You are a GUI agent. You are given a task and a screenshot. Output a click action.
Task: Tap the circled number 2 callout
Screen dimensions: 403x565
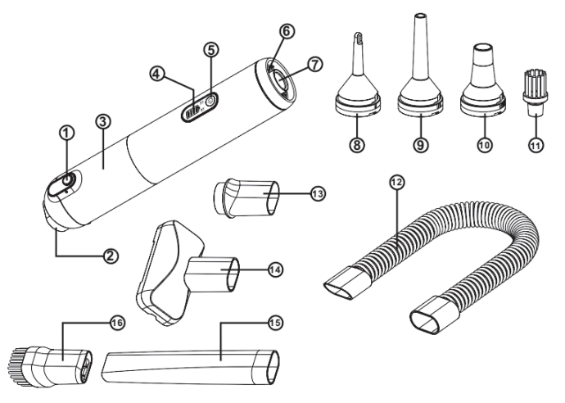[107, 255]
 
